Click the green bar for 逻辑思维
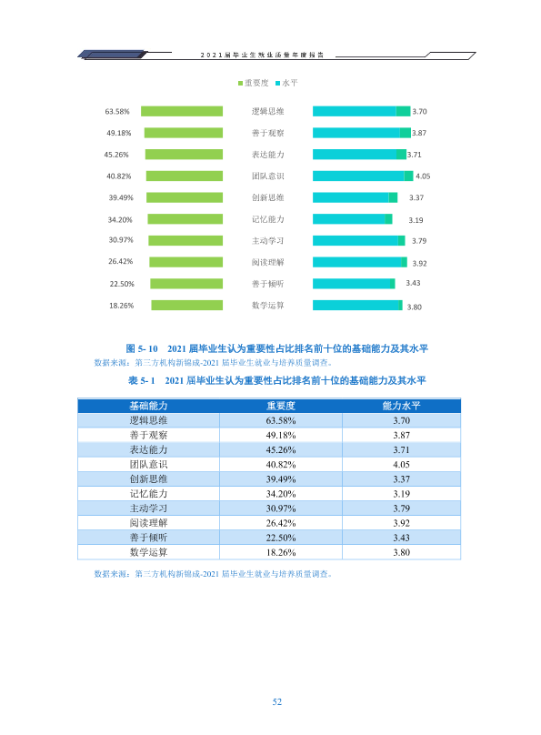182,111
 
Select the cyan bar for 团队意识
363,176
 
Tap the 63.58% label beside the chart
117,112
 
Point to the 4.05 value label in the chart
423,176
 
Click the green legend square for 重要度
240,84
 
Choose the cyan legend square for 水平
277,84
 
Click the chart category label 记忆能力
268,219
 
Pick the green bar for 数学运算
187,305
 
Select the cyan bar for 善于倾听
354,284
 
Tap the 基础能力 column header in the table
148,406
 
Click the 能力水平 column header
401,406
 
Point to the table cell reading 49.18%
281,436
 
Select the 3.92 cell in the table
401,523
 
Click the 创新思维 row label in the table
148,479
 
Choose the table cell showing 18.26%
281,553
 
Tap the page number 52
277,701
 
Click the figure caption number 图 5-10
142,348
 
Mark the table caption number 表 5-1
142,380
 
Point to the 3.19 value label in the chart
416,220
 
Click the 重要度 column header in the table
281,406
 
